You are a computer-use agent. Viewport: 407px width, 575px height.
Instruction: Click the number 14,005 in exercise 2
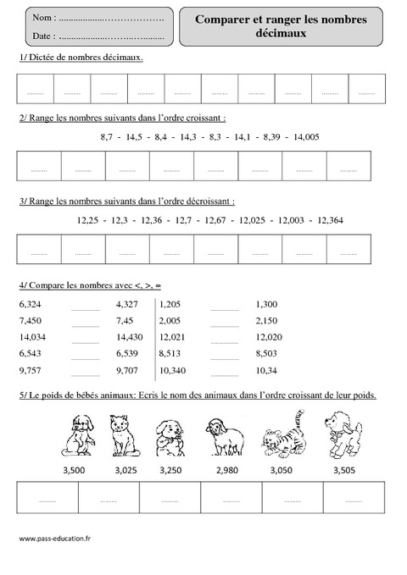pos(306,135)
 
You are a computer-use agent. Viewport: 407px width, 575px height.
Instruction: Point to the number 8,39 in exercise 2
pos(265,135)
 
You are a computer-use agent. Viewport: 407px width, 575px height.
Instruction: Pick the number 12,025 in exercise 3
pos(254,220)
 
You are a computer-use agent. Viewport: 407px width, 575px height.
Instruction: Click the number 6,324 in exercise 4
pos(29,302)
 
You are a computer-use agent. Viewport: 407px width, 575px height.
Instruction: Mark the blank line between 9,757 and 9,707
pos(86,373)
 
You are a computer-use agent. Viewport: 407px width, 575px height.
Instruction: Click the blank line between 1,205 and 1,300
pos(224,305)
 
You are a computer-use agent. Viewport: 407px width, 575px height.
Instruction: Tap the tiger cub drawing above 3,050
pos(284,435)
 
